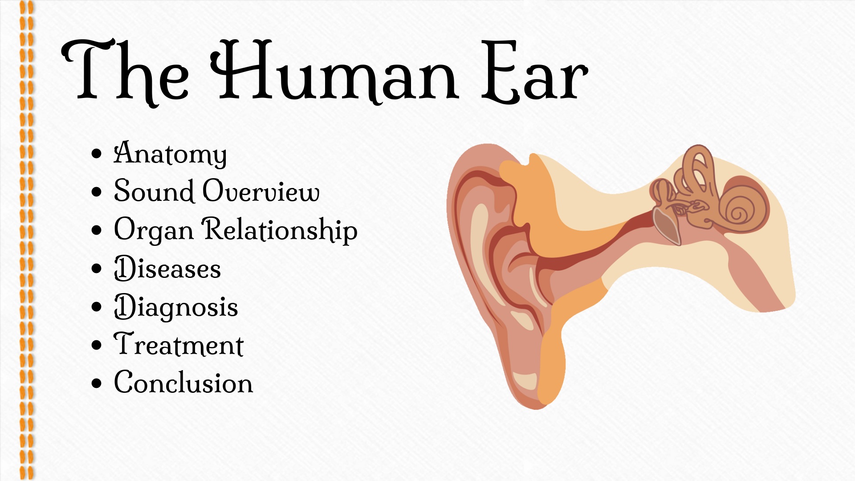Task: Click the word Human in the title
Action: tap(334, 71)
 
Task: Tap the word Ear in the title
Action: tap(534, 73)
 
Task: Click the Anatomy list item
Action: tap(170, 154)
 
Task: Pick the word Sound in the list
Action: tap(154, 192)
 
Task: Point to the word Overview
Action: tap(261, 192)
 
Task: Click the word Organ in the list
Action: tap(154, 231)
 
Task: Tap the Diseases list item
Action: tap(167, 269)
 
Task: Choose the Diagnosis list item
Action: tap(176, 307)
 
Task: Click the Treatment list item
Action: tap(179, 345)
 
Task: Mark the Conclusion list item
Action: tap(183, 383)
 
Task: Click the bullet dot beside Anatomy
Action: tap(96, 154)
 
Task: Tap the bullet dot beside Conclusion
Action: tap(96, 383)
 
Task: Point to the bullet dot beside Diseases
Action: tap(96, 269)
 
